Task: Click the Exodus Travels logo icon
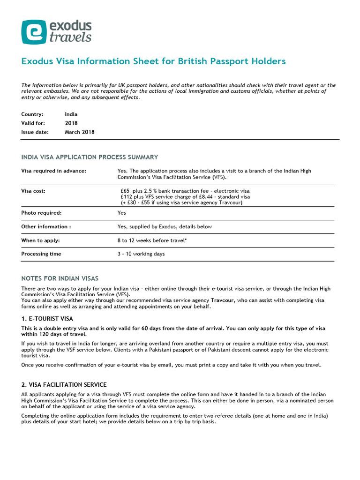34,32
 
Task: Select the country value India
71,114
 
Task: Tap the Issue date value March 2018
79,132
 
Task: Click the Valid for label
33,123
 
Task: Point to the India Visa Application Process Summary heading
90,157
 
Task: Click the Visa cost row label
33,191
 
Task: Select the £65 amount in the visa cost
125,191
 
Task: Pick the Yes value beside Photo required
121,213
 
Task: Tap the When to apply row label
40,240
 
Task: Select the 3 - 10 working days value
141,254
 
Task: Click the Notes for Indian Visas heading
60,278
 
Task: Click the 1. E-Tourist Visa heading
47,319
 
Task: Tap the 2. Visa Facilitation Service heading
64,385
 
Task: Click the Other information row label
46,227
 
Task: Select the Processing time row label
41,254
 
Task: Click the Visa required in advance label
53,171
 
